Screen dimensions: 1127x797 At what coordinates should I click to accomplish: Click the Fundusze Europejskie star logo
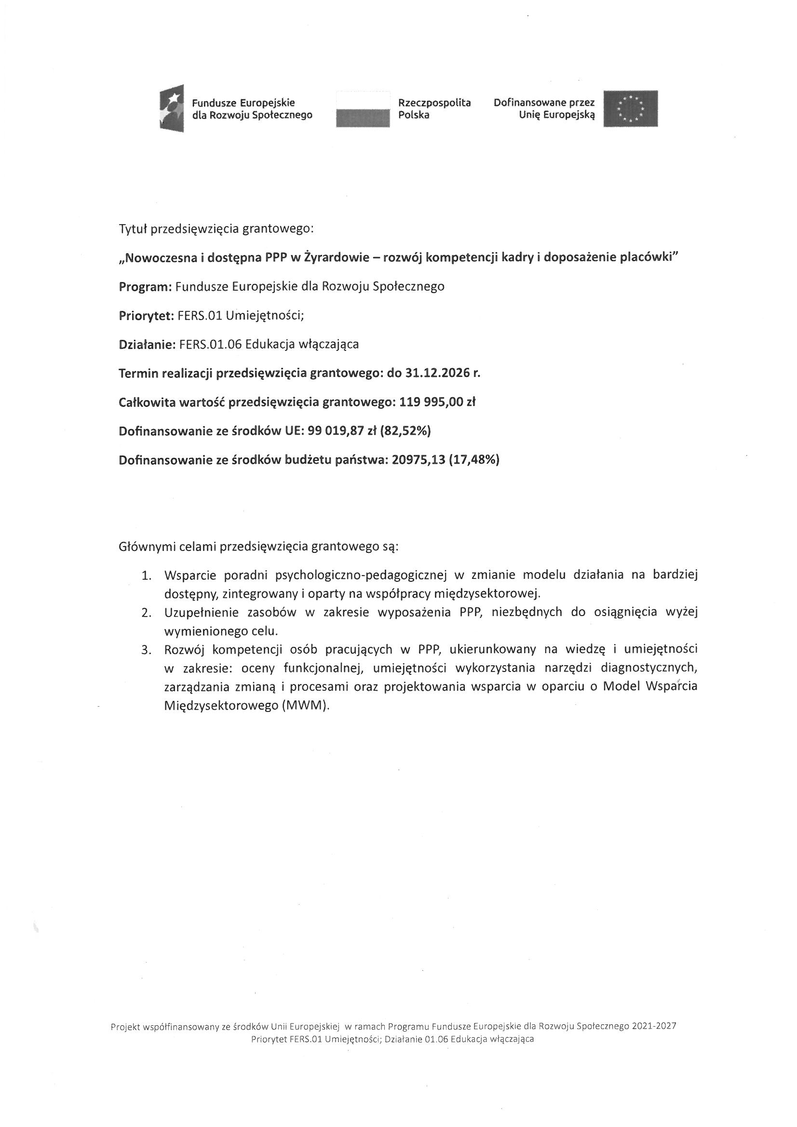[x=172, y=108]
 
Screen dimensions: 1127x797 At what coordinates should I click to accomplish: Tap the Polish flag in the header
[x=363, y=109]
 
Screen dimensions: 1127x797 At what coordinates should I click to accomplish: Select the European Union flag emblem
[x=631, y=108]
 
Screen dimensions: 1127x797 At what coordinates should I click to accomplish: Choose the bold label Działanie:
[x=147, y=345]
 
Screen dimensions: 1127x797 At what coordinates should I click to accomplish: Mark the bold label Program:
[x=145, y=287]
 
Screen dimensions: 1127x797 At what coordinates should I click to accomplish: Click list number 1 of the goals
[x=146, y=575]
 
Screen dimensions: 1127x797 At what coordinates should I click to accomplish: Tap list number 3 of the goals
[x=146, y=650]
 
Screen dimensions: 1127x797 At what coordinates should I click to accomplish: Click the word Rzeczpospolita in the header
[x=434, y=103]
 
